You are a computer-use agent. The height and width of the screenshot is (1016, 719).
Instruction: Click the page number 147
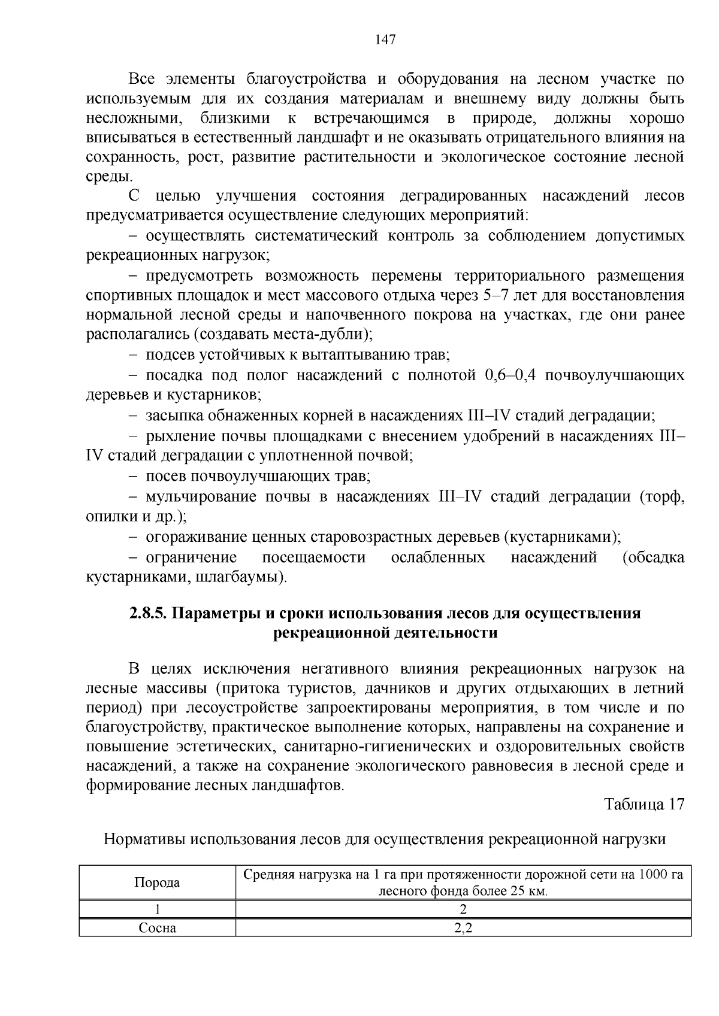point(385,40)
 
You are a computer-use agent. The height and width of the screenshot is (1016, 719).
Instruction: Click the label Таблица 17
point(644,804)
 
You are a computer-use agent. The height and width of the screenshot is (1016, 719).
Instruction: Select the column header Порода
point(157,882)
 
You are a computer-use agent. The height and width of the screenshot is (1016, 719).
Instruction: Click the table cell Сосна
point(157,928)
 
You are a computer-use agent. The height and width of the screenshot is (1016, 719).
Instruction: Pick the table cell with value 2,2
point(463,928)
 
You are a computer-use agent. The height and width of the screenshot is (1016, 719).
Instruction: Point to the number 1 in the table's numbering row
point(157,909)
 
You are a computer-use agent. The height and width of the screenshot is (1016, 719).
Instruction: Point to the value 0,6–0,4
point(509,375)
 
